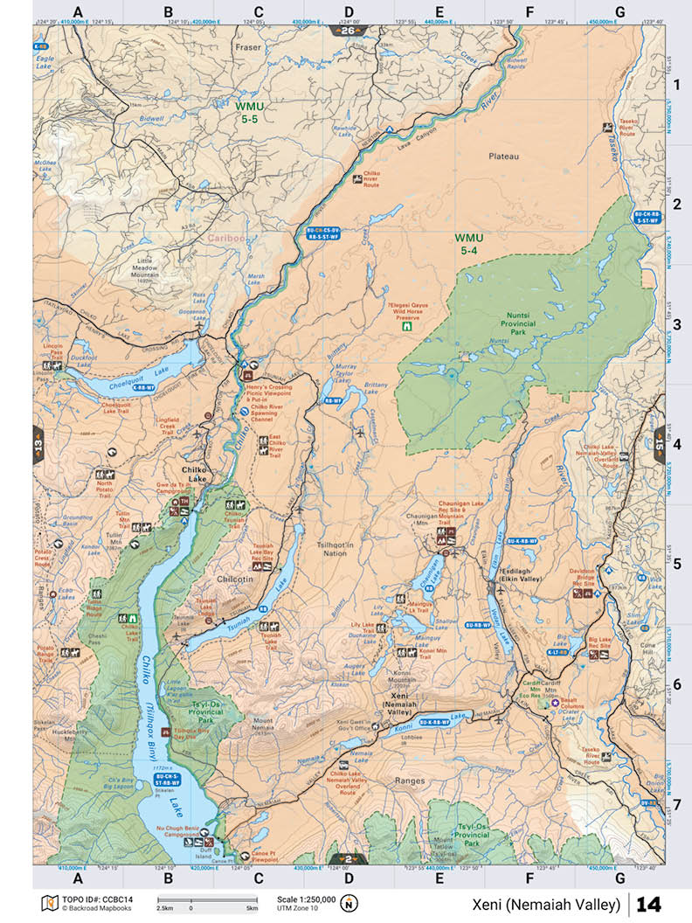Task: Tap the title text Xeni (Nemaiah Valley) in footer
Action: pos(548,903)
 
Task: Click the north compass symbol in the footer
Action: pos(349,903)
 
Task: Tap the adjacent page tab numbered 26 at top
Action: pos(347,31)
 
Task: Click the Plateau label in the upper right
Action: pos(502,156)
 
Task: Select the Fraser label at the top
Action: pos(247,49)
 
